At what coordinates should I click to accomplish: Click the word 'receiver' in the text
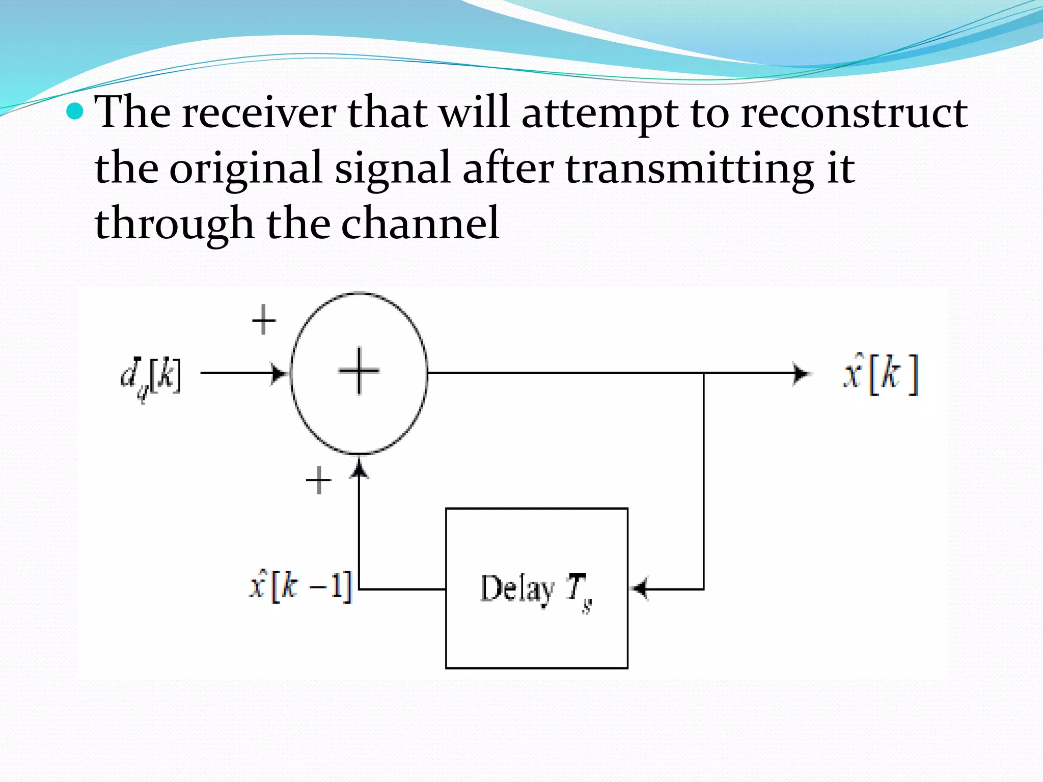(x=259, y=113)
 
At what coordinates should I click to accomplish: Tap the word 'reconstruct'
(x=854, y=113)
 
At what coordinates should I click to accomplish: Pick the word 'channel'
(x=420, y=224)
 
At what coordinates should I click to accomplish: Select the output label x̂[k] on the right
(x=881, y=375)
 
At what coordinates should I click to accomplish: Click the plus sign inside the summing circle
(x=359, y=371)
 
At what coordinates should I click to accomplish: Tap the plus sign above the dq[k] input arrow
(x=264, y=320)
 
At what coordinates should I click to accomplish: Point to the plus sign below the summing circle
(x=319, y=480)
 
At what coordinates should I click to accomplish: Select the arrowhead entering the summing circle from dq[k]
(x=279, y=373)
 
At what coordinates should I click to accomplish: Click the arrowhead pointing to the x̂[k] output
(x=801, y=373)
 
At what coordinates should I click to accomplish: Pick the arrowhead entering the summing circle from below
(x=360, y=467)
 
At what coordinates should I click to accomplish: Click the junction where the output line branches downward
(x=704, y=373)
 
